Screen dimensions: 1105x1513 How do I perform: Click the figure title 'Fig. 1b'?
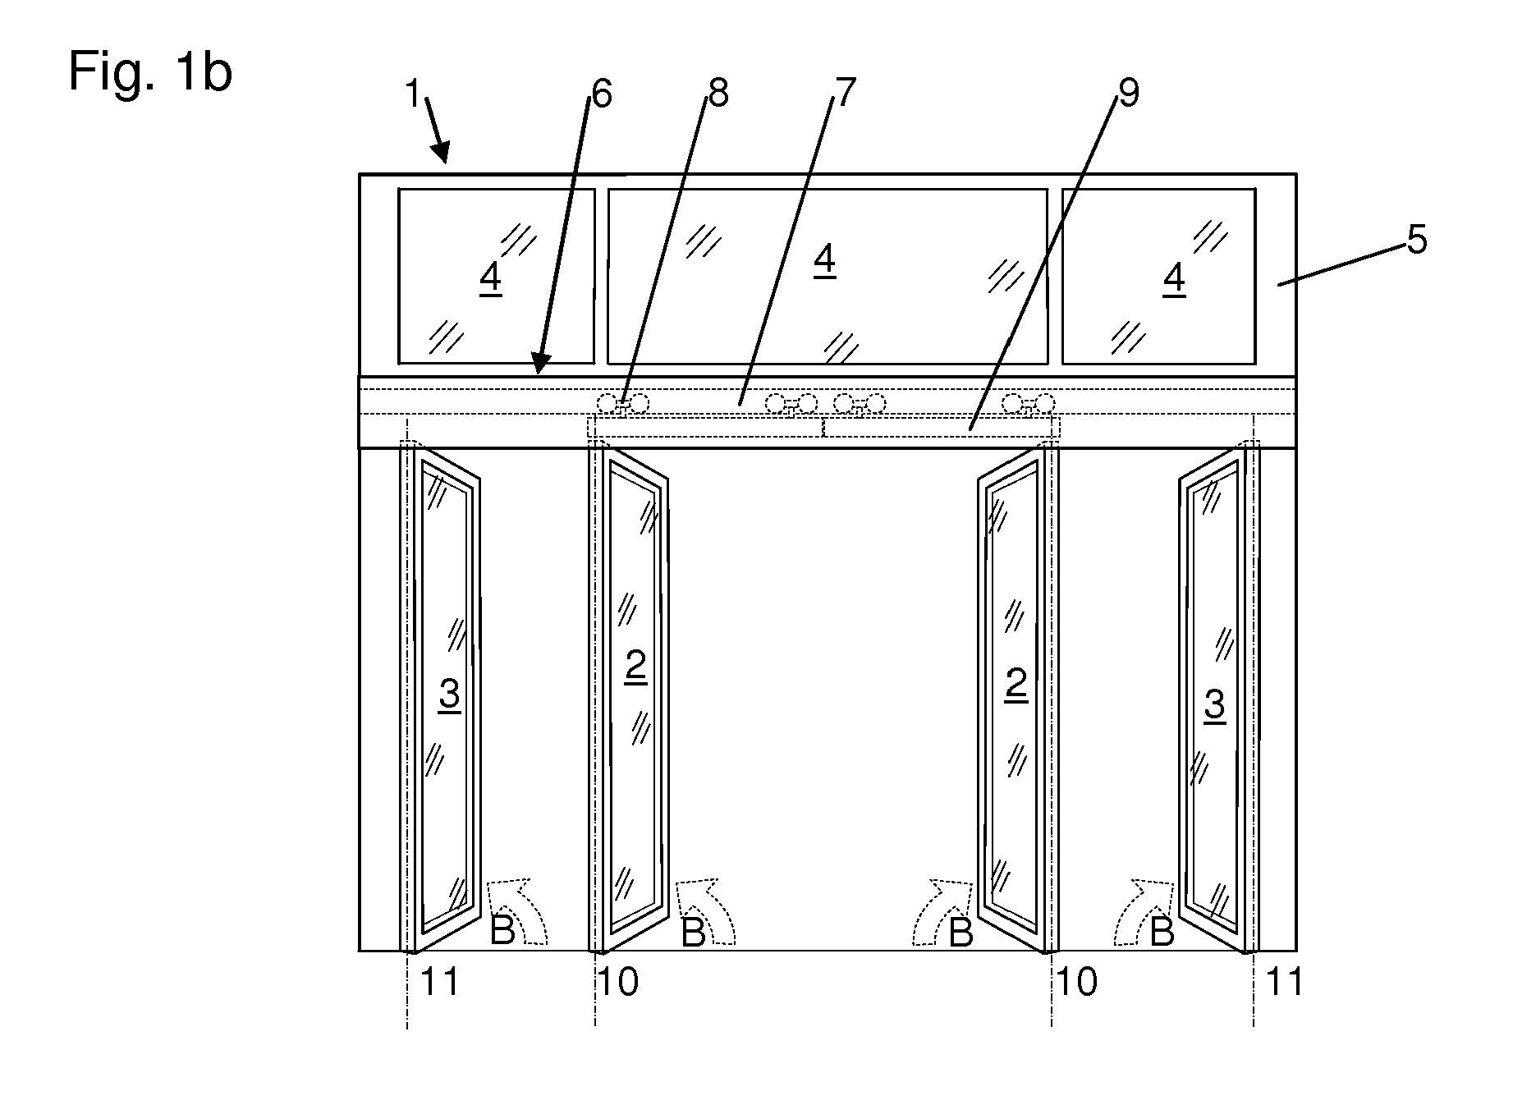tap(150, 71)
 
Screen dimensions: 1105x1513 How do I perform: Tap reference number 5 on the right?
tap(1417, 241)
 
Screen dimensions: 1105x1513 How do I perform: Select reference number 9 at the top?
tap(1129, 94)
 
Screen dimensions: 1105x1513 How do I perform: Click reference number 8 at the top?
tap(718, 94)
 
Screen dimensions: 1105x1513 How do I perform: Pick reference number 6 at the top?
tap(601, 95)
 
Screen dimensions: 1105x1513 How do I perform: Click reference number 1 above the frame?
tap(412, 95)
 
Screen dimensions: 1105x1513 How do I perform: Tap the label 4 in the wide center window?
tap(824, 260)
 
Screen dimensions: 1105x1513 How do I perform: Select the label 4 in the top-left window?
tap(490, 279)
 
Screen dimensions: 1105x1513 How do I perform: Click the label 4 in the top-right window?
tap(1174, 279)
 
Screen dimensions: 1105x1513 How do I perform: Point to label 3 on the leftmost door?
tap(449, 695)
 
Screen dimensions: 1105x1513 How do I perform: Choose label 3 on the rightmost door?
tap(1214, 704)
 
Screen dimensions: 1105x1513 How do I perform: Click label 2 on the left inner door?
tap(635, 667)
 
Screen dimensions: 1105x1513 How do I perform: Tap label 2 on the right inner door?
tap(1016, 683)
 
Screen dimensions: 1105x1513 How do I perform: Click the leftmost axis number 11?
tap(438, 981)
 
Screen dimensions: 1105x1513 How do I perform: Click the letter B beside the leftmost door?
tap(502, 931)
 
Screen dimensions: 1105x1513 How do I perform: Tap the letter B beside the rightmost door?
tap(1162, 933)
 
